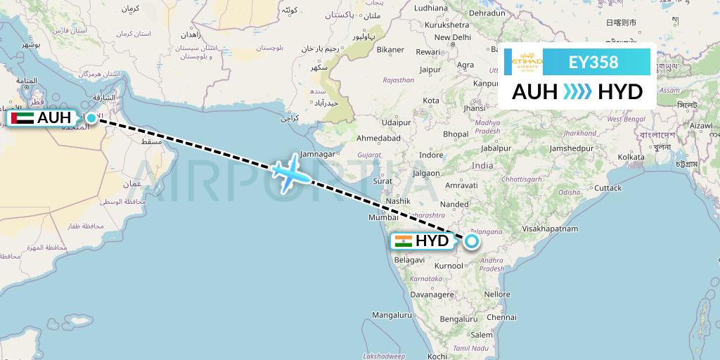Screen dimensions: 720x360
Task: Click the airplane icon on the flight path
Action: pyautogui.click(x=290, y=171)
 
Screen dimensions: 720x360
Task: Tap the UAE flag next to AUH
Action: pyautogui.click(x=22, y=118)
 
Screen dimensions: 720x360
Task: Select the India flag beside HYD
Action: pyautogui.click(x=404, y=241)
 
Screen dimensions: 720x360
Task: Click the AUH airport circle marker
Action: pyautogui.click(x=91, y=118)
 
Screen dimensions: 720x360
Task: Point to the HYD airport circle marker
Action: pyautogui.click(x=472, y=241)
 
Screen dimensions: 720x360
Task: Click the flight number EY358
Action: pyautogui.click(x=593, y=62)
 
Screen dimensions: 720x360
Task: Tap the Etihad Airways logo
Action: pyautogui.click(x=526, y=62)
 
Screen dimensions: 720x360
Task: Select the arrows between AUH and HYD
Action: pyautogui.click(x=578, y=92)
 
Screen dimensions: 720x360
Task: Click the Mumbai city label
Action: pyautogui.click(x=384, y=217)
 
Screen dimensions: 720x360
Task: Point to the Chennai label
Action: pyautogui.click(x=501, y=317)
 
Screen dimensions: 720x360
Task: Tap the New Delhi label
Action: pyautogui.click(x=452, y=37)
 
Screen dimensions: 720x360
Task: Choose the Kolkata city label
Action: pyautogui.click(x=631, y=157)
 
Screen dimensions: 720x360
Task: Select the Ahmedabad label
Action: pyautogui.click(x=378, y=138)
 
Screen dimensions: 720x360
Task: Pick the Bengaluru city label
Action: pyautogui.click(x=458, y=319)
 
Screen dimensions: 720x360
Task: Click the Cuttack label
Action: pyautogui.click(x=607, y=188)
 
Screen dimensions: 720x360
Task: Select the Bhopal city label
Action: pyautogui.click(x=456, y=134)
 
